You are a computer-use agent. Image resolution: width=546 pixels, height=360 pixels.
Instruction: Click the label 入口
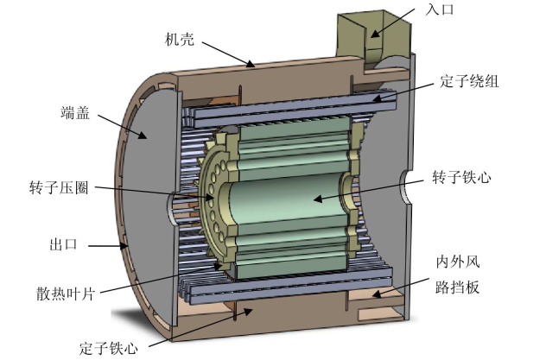click(x=440, y=9)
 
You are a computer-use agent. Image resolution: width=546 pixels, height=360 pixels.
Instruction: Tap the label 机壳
click(x=180, y=40)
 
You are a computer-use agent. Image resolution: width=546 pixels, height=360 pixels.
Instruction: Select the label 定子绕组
click(x=469, y=81)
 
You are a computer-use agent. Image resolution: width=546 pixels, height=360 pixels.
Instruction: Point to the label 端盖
click(x=75, y=113)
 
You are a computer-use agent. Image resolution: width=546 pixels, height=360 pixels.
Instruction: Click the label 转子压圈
click(x=59, y=187)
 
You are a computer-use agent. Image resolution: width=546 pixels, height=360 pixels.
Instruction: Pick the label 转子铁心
click(x=461, y=177)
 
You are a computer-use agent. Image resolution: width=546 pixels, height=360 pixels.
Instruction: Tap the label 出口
click(x=63, y=244)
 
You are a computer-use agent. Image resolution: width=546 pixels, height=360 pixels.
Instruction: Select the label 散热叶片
click(x=65, y=294)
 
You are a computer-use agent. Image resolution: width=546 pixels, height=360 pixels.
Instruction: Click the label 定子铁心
click(x=108, y=348)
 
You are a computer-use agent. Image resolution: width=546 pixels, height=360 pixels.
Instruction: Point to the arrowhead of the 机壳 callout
click(x=250, y=64)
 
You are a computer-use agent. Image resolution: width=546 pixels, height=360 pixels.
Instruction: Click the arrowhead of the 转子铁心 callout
click(x=318, y=199)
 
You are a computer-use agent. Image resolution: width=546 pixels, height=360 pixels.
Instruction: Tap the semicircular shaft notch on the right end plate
click(x=405, y=186)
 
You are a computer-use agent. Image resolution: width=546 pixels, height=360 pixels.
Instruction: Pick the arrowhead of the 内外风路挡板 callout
click(x=376, y=294)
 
